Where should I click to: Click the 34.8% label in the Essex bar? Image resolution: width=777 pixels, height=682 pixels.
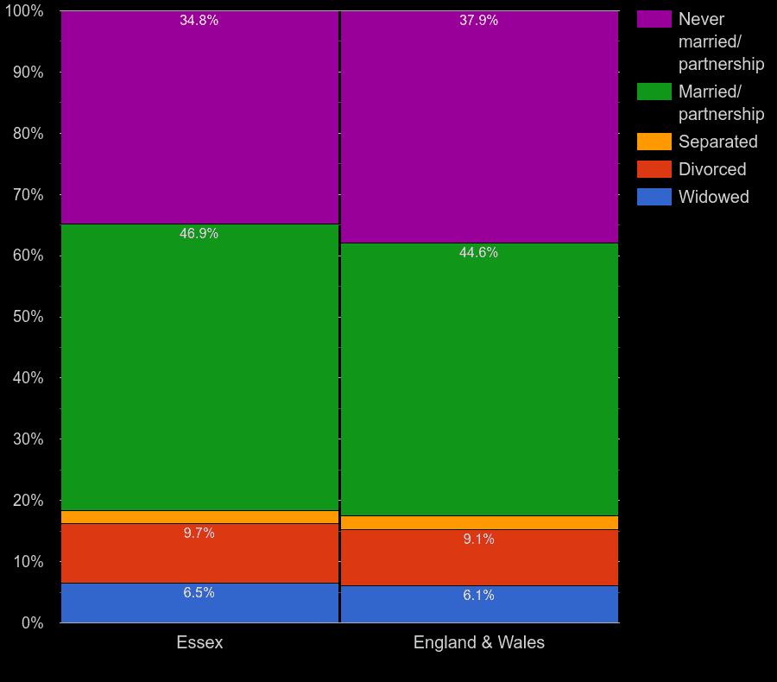[x=199, y=21]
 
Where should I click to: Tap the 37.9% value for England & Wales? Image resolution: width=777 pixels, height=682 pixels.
[x=478, y=21]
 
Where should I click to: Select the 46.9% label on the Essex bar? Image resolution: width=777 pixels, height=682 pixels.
[x=199, y=234]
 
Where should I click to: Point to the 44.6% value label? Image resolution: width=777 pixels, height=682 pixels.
[x=478, y=253]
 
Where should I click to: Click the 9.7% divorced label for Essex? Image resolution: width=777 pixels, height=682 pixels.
[x=199, y=534]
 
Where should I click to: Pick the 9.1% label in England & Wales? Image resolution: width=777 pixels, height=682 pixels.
[x=478, y=540]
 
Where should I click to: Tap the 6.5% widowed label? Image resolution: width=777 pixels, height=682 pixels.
[x=199, y=593]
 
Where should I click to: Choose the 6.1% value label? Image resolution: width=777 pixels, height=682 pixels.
[x=478, y=596]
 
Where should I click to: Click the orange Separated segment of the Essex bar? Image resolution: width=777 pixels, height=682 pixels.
[x=199, y=517]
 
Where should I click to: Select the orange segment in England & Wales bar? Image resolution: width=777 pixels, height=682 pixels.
[x=479, y=522]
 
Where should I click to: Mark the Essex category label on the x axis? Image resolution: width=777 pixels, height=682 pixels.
[x=199, y=643]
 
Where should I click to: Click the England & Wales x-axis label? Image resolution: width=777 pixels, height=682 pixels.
[x=479, y=643]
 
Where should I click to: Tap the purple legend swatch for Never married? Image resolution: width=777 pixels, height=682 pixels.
[x=654, y=19]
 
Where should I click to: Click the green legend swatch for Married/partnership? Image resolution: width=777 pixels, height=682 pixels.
[x=654, y=92]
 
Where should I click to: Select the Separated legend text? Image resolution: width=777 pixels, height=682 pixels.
[x=717, y=142]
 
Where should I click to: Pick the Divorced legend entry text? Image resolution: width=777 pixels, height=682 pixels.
[x=712, y=169]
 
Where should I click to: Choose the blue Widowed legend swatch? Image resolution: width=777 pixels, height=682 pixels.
[x=654, y=197]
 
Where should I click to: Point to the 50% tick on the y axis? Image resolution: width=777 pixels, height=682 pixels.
[x=28, y=317]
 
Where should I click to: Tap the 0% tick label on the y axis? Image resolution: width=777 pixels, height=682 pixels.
[x=32, y=622]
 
